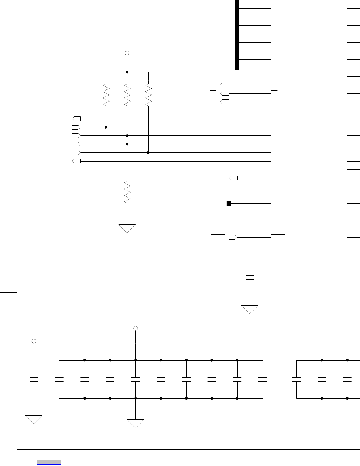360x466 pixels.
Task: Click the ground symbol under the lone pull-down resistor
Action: [x=127, y=228]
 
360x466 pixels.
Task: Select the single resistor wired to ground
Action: [x=127, y=193]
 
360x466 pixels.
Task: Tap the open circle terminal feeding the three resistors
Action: [x=127, y=53]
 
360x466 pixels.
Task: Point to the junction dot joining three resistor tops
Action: [x=127, y=72]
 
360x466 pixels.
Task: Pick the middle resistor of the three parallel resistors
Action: [x=127, y=95]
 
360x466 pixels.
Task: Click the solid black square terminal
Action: [x=229, y=204]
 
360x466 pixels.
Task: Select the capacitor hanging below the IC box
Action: [x=250, y=277]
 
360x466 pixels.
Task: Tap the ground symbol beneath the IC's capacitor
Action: [x=250, y=309]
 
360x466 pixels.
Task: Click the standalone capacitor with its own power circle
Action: [x=34, y=379]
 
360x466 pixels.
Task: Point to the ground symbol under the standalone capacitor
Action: [x=34, y=419]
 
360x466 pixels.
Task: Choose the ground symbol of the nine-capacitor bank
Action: [x=136, y=423]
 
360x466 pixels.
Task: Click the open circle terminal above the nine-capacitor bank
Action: [x=136, y=328]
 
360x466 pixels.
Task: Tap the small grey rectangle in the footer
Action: [x=49, y=461]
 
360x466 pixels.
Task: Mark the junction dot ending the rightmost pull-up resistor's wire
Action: [x=148, y=153]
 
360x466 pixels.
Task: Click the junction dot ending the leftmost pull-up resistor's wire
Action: [x=106, y=127]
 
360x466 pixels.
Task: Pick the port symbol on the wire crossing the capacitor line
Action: [x=233, y=237]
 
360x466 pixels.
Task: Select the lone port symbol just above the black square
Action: [x=233, y=178]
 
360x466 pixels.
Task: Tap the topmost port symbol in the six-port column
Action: [x=76, y=119]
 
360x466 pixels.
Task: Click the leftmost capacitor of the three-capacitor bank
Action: [x=296, y=379]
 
